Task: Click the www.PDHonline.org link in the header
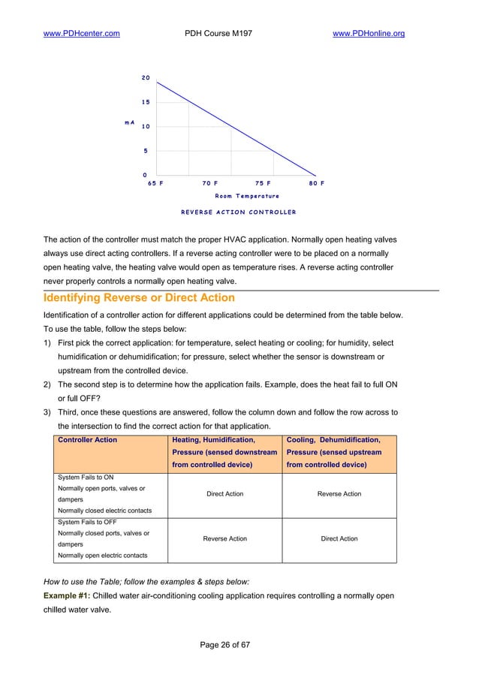(368, 33)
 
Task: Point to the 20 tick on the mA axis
(146, 78)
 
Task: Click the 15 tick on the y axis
(146, 102)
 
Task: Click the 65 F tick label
(155, 182)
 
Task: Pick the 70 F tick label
(209, 182)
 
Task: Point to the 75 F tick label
(263, 182)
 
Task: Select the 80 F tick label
(316, 182)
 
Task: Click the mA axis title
(129, 122)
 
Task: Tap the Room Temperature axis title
(247, 196)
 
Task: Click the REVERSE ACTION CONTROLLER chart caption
(238, 212)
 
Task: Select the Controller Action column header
(87, 440)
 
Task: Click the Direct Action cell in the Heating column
(224, 494)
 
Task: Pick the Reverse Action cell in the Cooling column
(339, 494)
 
